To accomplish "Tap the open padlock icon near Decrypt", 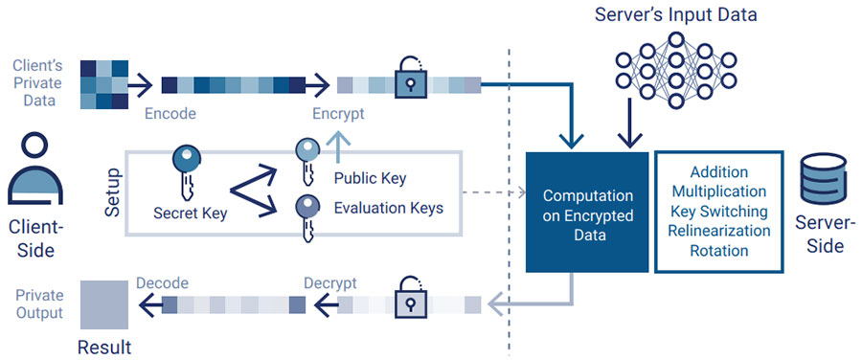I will point(410,300).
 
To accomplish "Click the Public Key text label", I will point(370,178).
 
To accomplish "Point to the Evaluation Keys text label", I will point(388,208).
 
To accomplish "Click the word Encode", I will point(170,114).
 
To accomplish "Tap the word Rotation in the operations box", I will point(718,251).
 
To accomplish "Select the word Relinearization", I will point(718,231).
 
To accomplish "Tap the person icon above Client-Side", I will point(35,175).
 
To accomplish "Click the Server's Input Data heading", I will point(674,15).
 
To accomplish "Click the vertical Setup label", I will point(112,191).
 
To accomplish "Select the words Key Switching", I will point(718,211).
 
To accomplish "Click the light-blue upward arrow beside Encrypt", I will point(335,143).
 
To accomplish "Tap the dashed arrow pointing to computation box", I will point(494,192).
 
